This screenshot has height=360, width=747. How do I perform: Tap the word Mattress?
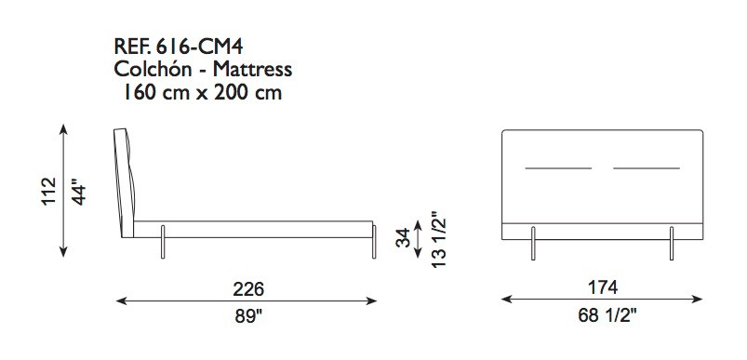point(252,70)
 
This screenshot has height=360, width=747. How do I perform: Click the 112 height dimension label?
point(48,192)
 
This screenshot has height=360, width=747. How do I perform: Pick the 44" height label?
point(79,192)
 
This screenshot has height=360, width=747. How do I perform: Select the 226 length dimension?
point(248,288)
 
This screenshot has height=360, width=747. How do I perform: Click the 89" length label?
point(248,316)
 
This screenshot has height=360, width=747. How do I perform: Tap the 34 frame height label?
point(403,238)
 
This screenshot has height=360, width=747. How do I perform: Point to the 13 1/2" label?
point(437,238)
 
